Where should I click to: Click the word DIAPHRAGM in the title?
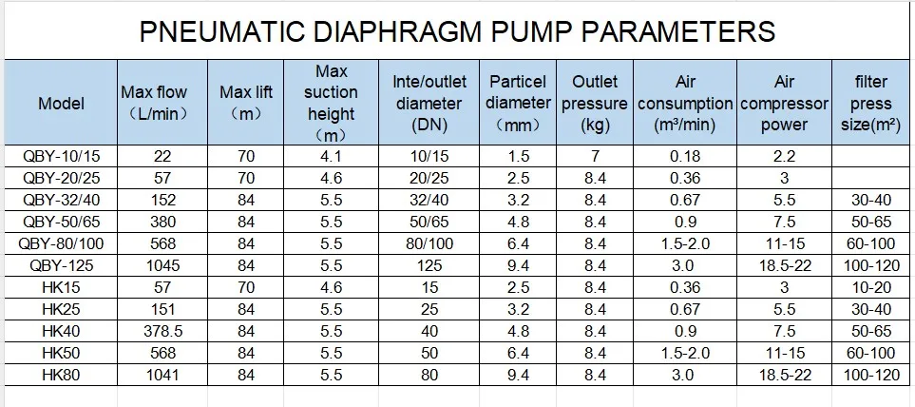click(x=397, y=31)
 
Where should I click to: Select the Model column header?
click(x=61, y=104)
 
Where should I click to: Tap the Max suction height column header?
click(x=331, y=104)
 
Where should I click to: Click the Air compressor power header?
click(x=784, y=104)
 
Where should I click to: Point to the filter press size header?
click(x=870, y=104)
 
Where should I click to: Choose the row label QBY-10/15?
click(x=61, y=156)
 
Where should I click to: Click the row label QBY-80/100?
click(x=61, y=243)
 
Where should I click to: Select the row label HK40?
click(x=61, y=331)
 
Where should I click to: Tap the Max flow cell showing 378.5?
click(x=162, y=331)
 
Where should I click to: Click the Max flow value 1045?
click(x=162, y=265)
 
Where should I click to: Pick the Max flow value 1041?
click(x=162, y=375)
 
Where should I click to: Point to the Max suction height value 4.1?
click(x=331, y=156)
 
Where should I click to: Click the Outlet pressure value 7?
click(x=595, y=156)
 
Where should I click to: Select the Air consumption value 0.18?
click(x=685, y=156)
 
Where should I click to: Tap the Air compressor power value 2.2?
click(x=784, y=156)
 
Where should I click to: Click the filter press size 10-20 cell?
click(x=870, y=287)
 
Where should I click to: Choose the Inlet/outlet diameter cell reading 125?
click(x=429, y=265)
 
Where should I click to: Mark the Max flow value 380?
click(x=162, y=222)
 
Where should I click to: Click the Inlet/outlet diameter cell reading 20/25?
click(x=429, y=178)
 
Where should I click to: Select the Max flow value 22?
click(x=162, y=156)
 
